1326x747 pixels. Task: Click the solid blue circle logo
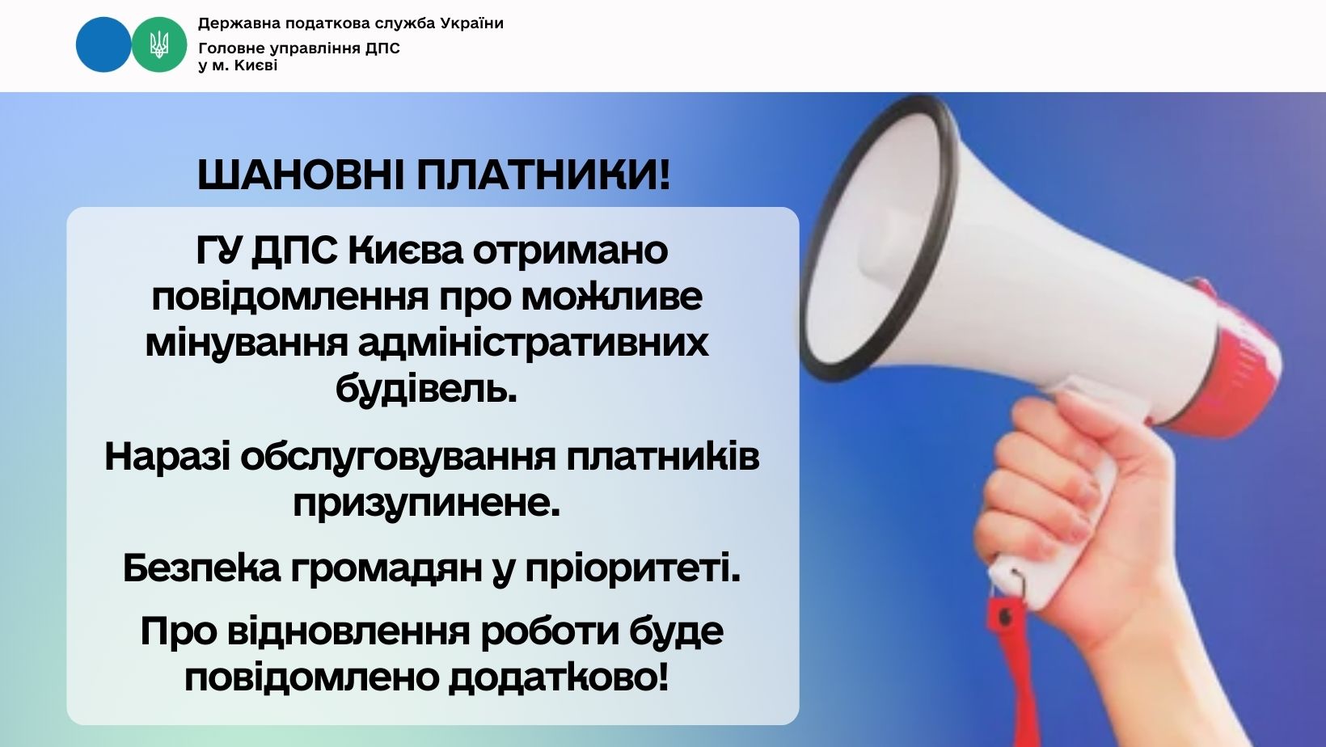103,44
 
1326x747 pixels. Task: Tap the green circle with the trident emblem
158,44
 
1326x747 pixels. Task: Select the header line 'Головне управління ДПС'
299,48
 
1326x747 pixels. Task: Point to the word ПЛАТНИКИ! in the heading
543,175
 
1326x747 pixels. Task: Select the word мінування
247,344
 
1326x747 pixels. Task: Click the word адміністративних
534,344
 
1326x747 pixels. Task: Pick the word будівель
426,389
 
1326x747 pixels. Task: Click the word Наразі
167,457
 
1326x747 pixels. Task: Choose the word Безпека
201,568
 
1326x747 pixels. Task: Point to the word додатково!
559,677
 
